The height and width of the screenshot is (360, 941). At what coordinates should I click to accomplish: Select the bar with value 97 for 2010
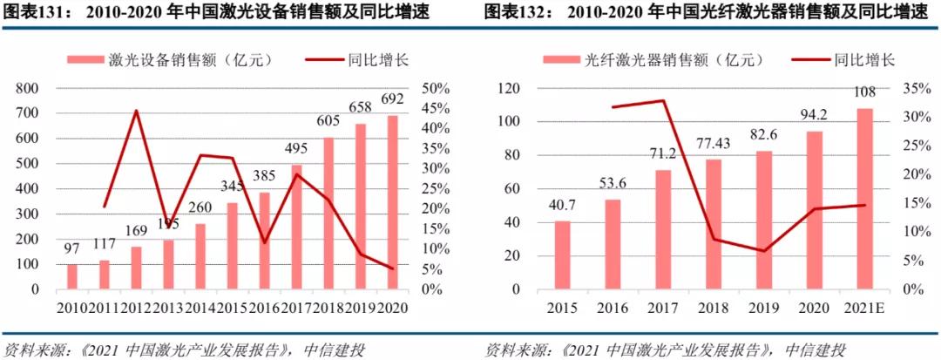point(71,276)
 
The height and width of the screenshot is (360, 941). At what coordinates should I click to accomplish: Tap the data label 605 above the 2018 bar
point(328,120)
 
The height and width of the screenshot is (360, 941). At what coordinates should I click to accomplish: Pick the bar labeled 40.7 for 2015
point(563,255)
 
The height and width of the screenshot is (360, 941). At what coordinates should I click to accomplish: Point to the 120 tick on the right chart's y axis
point(508,89)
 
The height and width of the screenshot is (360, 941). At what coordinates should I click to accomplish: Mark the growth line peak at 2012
point(136,111)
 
